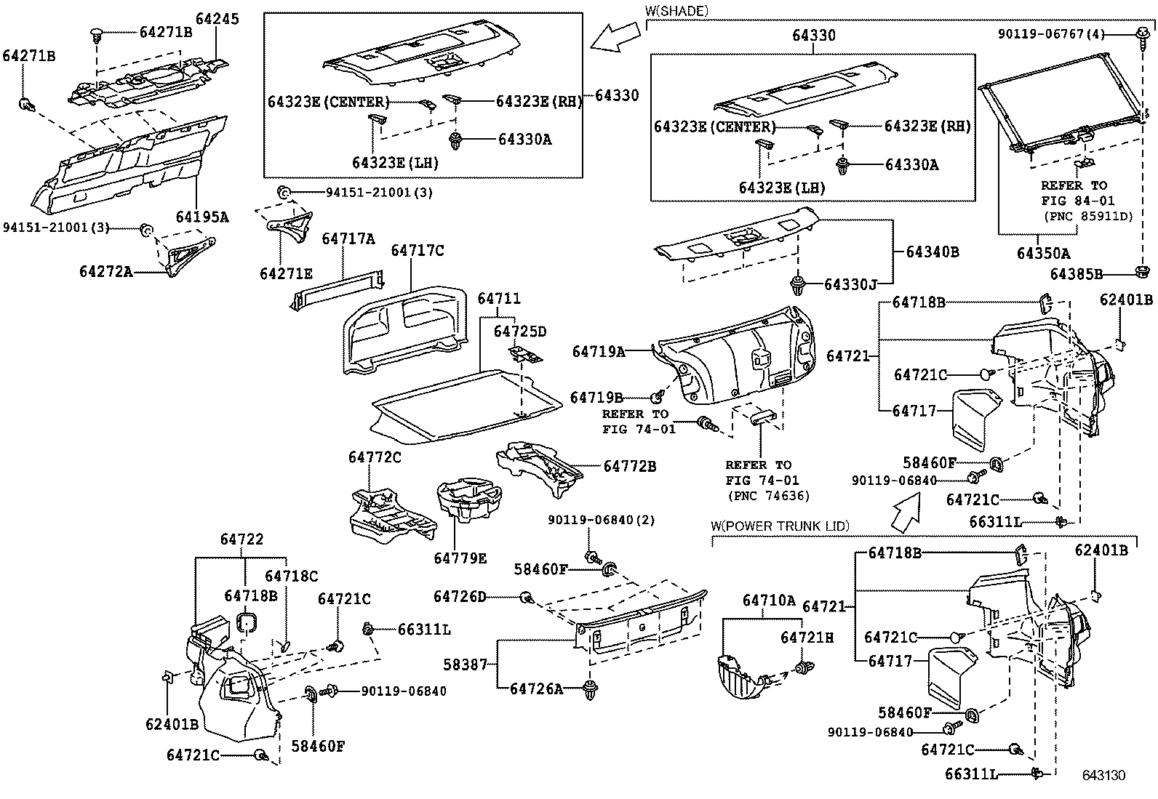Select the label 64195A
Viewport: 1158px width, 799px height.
(201, 217)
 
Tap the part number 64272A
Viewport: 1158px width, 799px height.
(106, 272)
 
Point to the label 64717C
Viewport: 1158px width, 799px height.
(418, 251)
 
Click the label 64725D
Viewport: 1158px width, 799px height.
(519, 332)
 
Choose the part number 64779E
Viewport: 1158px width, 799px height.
(460, 558)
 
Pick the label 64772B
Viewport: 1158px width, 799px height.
(629, 466)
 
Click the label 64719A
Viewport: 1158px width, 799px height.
(599, 352)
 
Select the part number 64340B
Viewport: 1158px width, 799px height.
(933, 252)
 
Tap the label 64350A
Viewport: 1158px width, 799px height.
(1043, 253)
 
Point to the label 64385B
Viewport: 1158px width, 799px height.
(1077, 274)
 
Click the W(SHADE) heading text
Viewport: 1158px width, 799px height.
(676, 10)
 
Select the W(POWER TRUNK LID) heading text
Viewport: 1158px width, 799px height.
(780, 526)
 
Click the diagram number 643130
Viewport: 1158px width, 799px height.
(1103, 775)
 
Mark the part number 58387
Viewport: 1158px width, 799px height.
(470, 665)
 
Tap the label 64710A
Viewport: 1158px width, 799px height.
(770, 601)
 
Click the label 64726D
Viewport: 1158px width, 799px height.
(460, 597)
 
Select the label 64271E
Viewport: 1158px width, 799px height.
(286, 273)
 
